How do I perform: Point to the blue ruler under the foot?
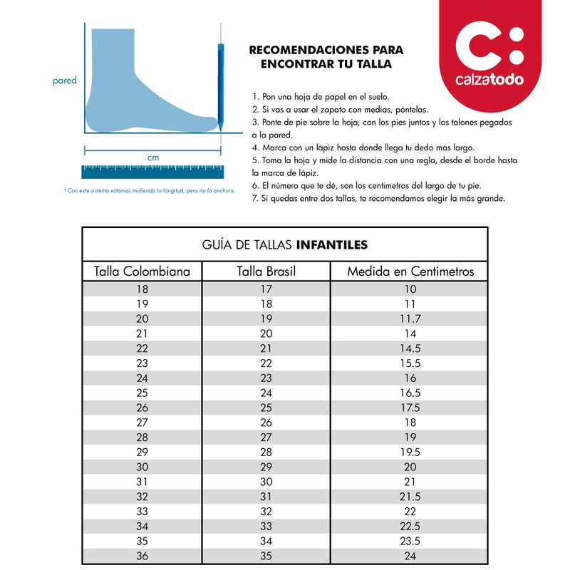click(x=152, y=171)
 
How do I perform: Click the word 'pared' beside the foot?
click(x=65, y=81)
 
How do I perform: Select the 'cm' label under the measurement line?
click(x=152, y=157)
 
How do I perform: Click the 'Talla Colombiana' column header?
click(x=142, y=271)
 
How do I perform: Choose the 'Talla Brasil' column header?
click(x=266, y=271)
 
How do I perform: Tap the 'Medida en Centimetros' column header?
click(x=410, y=271)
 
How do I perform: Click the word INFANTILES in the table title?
click(x=331, y=244)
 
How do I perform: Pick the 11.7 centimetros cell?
click(x=410, y=318)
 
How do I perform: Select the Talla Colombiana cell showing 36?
click(x=142, y=556)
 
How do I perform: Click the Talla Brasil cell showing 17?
click(x=266, y=289)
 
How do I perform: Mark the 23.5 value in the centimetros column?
click(x=410, y=541)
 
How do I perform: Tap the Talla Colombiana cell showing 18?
click(x=142, y=289)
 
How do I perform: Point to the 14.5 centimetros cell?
click(x=410, y=348)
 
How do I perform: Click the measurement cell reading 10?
click(x=410, y=289)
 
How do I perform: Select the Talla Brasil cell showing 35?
click(x=266, y=556)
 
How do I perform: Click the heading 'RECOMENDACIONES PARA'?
click(x=326, y=51)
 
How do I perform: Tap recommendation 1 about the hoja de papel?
click(x=321, y=96)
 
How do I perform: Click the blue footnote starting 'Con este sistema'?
click(x=149, y=190)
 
